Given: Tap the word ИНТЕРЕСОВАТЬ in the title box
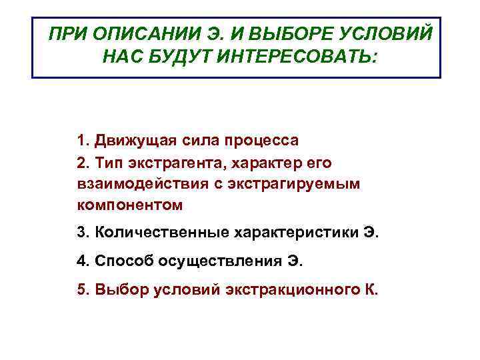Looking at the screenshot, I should pos(289,57).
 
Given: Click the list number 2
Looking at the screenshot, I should pos(82,163).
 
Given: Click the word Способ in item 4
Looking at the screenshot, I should pos(125,261).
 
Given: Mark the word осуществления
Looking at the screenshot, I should pos(219,261).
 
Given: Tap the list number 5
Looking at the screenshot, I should pos(82,289).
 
